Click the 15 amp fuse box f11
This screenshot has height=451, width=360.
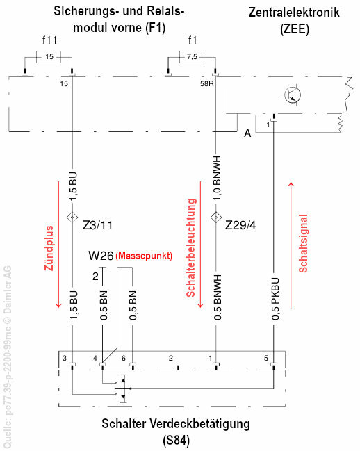coord(49,57)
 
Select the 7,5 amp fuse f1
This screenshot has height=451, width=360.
coord(192,57)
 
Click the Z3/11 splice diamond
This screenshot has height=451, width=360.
coord(72,217)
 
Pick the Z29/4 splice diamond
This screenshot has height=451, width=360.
coord(215,217)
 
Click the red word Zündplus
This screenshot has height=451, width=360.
coord(49,248)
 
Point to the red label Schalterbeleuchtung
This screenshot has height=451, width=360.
coord(191,247)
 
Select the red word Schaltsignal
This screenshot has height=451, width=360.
coord(303,243)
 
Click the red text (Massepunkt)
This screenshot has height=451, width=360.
coord(144,256)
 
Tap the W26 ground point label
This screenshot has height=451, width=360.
coord(101,256)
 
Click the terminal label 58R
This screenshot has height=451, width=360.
coord(206,84)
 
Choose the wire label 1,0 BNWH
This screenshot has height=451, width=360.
coord(218,179)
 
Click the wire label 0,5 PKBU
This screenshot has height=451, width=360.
coord(275,299)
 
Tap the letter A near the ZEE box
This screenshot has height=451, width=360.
coord(247,133)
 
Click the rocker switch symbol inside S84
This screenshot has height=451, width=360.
coord(123,388)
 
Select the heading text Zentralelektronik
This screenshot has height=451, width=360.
coord(294,13)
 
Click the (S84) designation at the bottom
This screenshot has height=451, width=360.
coord(176,441)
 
